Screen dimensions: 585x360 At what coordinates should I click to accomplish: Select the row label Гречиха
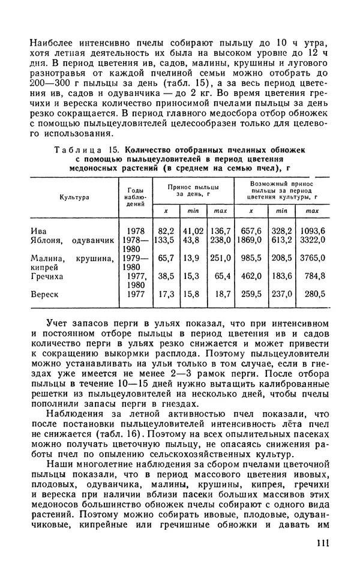49,276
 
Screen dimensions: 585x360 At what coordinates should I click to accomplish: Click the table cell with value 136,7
220,231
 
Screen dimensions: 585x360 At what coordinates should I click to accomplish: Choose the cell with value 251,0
220,258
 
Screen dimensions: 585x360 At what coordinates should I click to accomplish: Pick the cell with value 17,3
166,295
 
